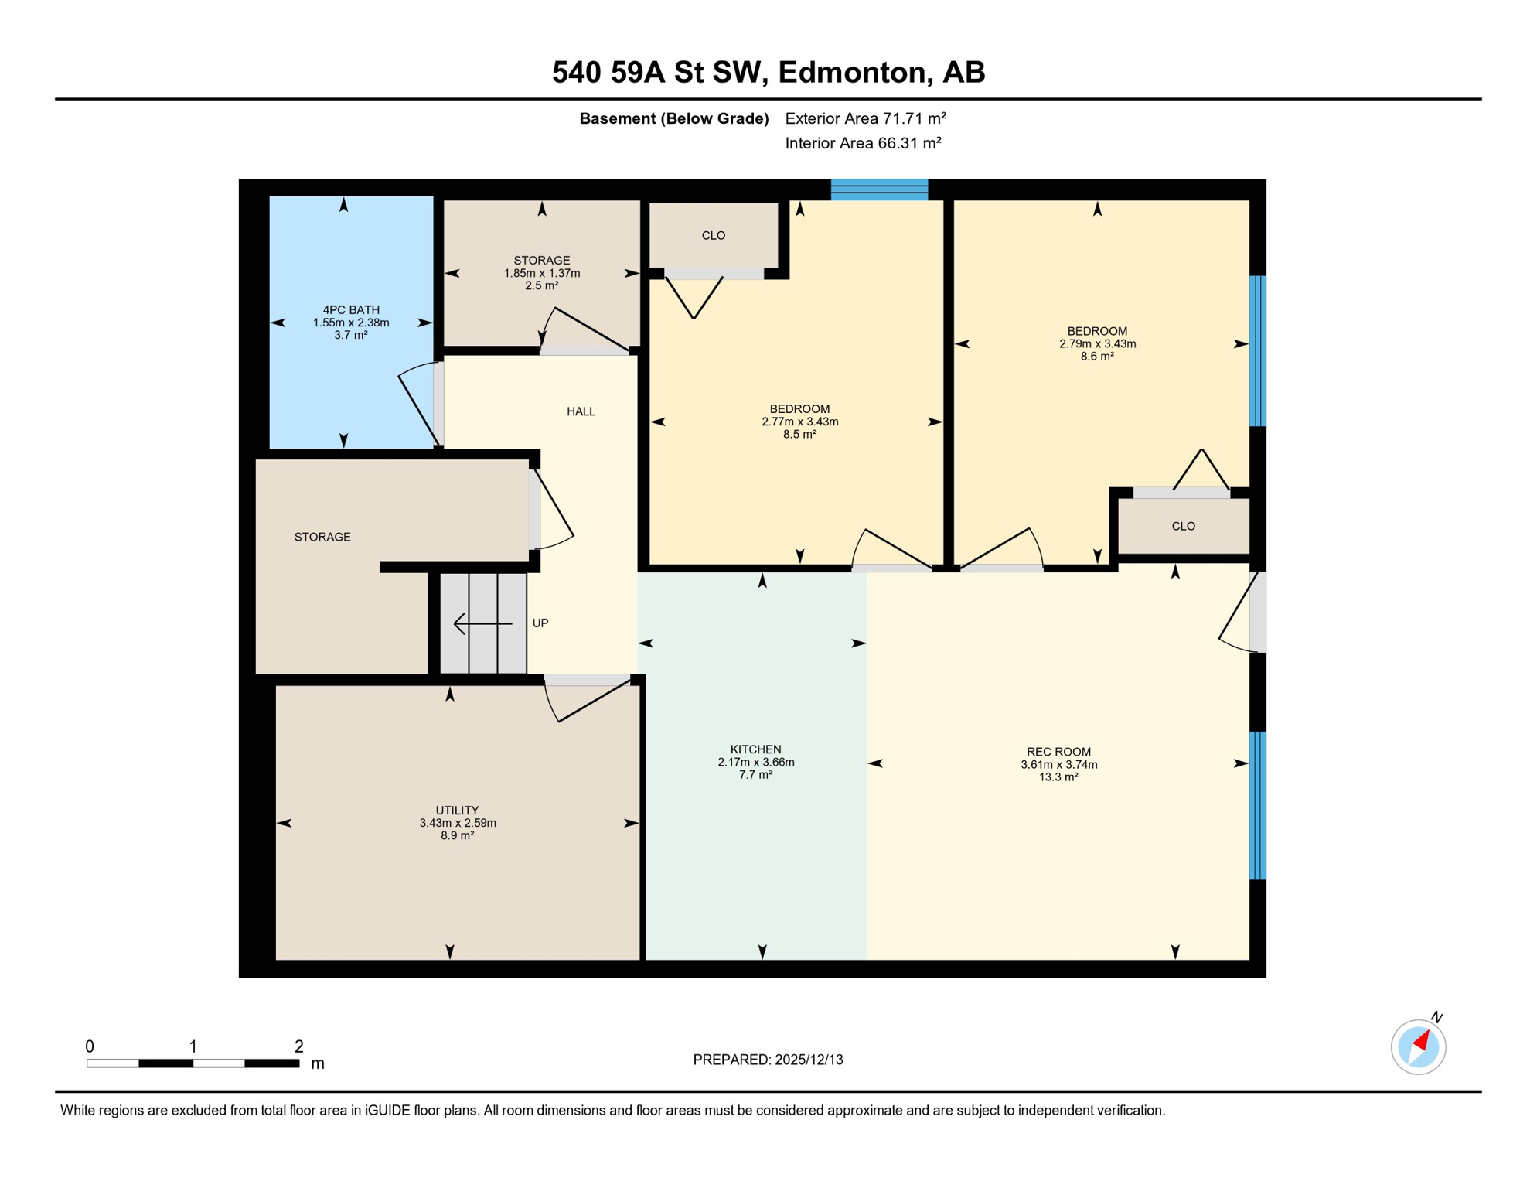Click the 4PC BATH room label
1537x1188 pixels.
click(x=351, y=310)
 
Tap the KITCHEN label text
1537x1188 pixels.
click(x=755, y=749)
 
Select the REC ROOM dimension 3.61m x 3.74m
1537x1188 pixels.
click(x=1058, y=765)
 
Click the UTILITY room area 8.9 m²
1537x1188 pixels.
click(x=457, y=836)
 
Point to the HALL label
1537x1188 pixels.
click(x=581, y=411)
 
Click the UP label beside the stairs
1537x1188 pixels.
click(x=540, y=623)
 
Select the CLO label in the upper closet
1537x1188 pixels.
click(x=713, y=236)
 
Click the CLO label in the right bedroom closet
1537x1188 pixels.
click(x=1183, y=527)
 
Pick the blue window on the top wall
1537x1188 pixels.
click(x=879, y=189)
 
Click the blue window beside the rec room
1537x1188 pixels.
click(x=1258, y=805)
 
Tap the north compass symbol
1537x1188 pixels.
click(x=1418, y=1047)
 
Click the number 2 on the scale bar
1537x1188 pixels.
click(x=299, y=1046)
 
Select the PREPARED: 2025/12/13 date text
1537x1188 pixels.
click(x=768, y=1060)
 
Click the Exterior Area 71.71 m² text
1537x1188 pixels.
click(x=865, y=118)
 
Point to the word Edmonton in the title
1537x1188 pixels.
click(x=851, y=72)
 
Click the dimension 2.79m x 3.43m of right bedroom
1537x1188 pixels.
click(x=1097, y=344)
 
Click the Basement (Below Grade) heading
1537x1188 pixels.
click(x=673, y=118)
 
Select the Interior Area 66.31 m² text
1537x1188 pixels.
click(x=863, y=143)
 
